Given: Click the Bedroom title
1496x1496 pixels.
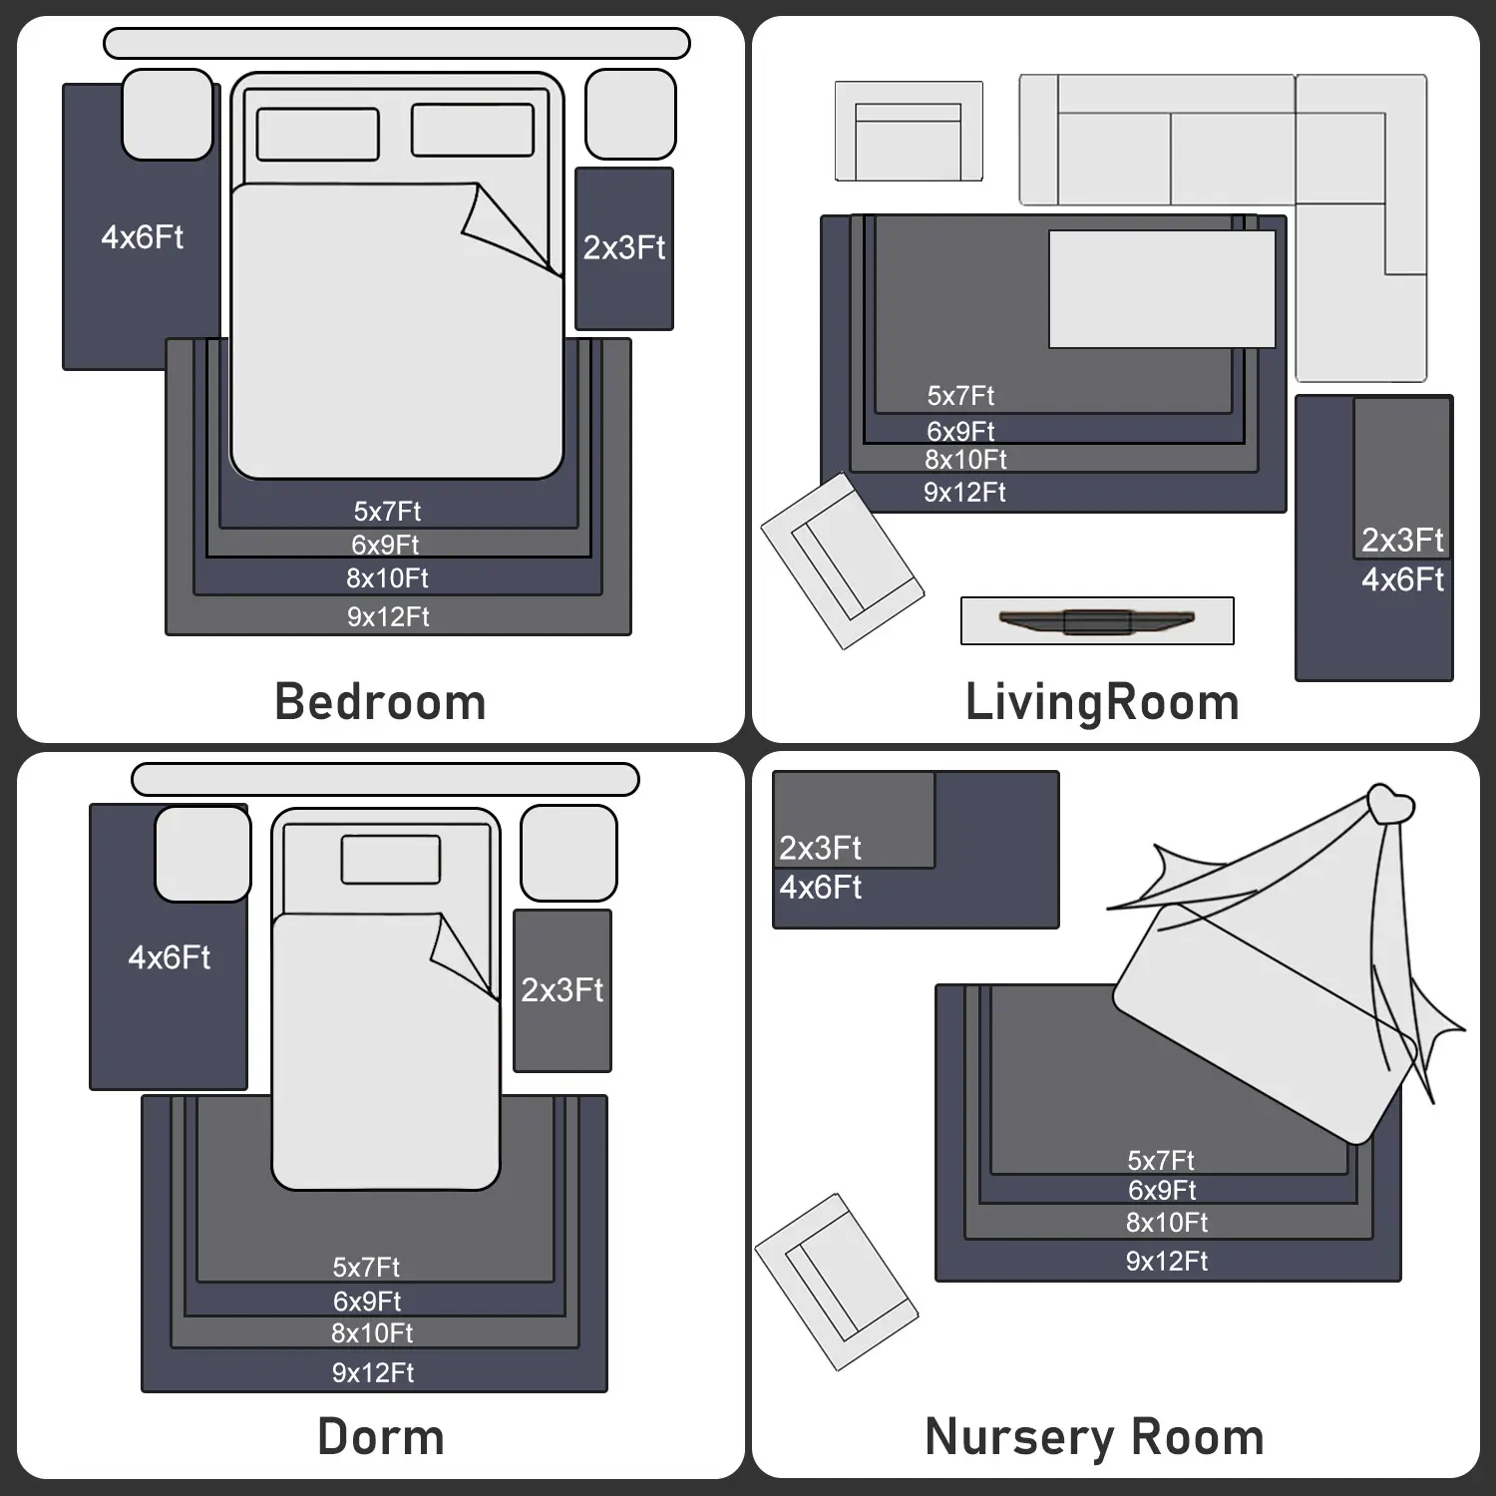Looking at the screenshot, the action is coord(380,702).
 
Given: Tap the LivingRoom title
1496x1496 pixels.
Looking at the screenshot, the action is coord(1102,703).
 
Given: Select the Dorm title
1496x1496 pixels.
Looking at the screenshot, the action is coord(381,1437).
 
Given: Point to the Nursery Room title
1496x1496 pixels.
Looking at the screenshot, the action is coord(1094,1438).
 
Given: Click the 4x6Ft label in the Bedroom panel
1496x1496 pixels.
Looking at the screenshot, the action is coord(143,237).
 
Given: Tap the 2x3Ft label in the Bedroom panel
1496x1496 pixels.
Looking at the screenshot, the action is coord(624,247).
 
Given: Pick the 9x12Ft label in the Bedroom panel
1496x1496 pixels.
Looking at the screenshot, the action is coord(388,616).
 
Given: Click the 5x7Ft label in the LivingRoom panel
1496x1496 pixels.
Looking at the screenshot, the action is coord(960,396).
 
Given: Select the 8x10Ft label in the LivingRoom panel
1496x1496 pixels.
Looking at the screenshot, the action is coord(965,460).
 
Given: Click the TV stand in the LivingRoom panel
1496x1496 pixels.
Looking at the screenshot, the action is coord(1097,621).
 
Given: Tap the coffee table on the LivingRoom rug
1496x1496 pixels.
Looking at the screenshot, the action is coord(1162,289).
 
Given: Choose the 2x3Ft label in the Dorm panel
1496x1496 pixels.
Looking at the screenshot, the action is coord(562,990).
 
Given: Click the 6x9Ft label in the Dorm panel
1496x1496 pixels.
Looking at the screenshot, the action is coord(367,1302).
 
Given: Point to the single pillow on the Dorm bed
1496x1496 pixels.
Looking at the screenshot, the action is coord(391,860).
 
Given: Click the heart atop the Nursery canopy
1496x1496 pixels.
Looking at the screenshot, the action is coord(1390,803).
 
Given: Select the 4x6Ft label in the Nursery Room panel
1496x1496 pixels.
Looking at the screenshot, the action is coord(820,888).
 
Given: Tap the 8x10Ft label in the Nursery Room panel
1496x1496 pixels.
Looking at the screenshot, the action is coord(1167,1223).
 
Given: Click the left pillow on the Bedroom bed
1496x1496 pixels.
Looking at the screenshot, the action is coord(318,134).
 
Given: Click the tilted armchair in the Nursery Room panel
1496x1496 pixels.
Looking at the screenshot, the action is coord(837,1282).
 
